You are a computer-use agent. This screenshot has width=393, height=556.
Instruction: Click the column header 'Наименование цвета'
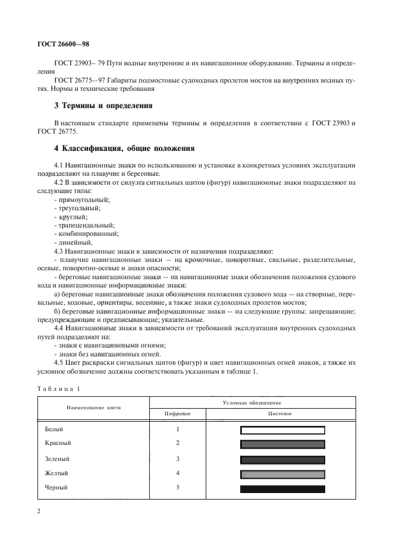[93, 407]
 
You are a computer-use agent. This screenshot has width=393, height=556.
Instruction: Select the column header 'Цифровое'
[178, 413]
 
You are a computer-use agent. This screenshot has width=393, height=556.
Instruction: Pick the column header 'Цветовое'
[282, 413]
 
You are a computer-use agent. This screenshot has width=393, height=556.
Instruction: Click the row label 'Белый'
[54, 429]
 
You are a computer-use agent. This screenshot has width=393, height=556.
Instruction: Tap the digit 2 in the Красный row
[178, 443]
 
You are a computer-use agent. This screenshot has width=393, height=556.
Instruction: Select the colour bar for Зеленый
[282, 459]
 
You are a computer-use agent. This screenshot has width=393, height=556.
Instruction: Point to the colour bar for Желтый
[282, 473]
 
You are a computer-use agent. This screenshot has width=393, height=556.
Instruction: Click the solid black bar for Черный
[282, 489]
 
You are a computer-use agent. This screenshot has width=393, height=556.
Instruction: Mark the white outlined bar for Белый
[282, 430]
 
